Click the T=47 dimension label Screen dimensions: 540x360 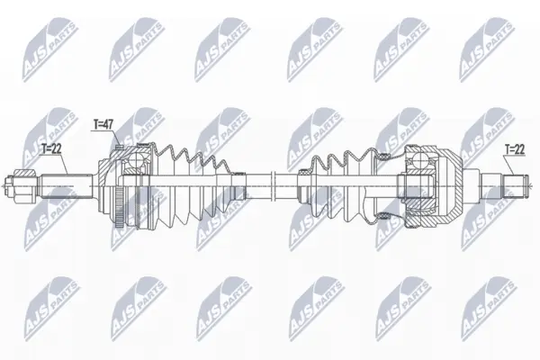103,125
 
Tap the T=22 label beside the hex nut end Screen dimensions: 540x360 51,148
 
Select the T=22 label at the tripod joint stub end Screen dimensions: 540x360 515,149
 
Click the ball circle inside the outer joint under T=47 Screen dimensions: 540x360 136,162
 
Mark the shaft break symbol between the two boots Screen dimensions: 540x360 273,186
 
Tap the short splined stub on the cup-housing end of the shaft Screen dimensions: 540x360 514,186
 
